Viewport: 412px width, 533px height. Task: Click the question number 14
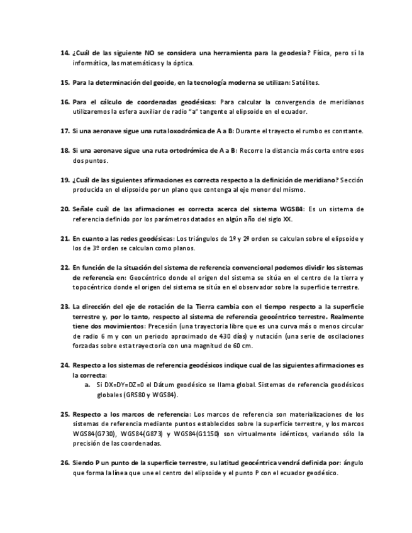(x=64, y=53)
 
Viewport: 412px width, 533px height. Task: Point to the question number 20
(x=64, y=209)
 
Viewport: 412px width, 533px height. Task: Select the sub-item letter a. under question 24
(x=88, y=385)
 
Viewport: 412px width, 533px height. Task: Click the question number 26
(x=64, y=463)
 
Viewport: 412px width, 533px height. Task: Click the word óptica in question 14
(x=181, y=63)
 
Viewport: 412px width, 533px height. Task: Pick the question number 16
(x=64, y=102)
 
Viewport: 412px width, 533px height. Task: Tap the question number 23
(x=64, y=307)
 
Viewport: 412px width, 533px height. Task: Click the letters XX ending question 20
(x=286, y=219)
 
